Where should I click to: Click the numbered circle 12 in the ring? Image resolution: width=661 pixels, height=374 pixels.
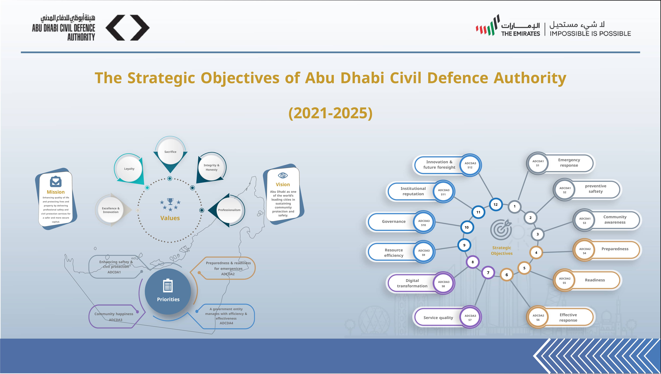(495, 204)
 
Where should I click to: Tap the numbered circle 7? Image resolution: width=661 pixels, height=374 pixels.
(488, 273)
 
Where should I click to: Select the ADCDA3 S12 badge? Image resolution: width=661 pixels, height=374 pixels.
(470, 165)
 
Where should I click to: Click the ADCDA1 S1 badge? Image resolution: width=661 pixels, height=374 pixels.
(538, 163)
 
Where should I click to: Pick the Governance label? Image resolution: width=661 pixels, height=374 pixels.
(394, 221)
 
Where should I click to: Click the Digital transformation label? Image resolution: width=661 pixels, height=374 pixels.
(412, 283)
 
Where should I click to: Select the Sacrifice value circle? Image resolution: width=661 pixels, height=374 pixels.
(170, 152)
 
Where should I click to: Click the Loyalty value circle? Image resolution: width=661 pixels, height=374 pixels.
(129, 169)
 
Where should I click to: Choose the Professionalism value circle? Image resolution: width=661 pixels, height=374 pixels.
(229, 210)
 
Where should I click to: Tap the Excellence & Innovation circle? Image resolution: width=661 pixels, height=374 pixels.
(111, 210)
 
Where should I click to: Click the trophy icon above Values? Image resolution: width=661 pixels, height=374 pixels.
(170, 201)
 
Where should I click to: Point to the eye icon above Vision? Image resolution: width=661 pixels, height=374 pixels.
(283, 175)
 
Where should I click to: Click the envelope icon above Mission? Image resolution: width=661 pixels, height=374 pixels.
(56, 182)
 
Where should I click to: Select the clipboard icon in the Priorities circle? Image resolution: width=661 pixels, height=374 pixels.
(168, 285)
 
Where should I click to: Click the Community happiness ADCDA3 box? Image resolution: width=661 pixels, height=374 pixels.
(115, 316)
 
